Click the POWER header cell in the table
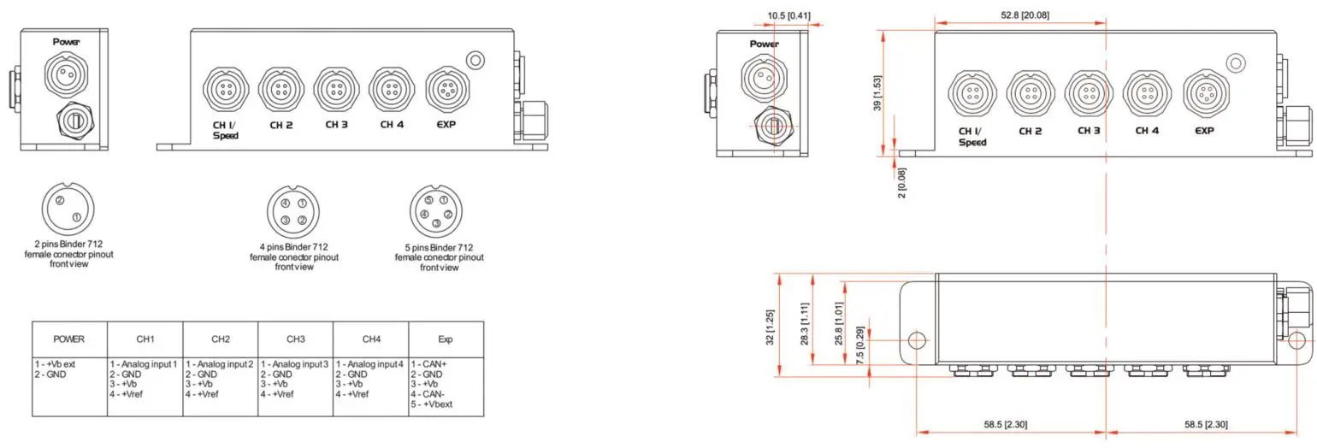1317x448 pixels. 69,339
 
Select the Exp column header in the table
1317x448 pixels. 446,339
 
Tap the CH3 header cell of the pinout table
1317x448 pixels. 295,339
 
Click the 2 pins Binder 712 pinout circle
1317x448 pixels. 68,209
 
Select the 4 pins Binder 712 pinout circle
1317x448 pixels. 293,212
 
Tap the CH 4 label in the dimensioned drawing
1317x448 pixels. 1147,131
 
